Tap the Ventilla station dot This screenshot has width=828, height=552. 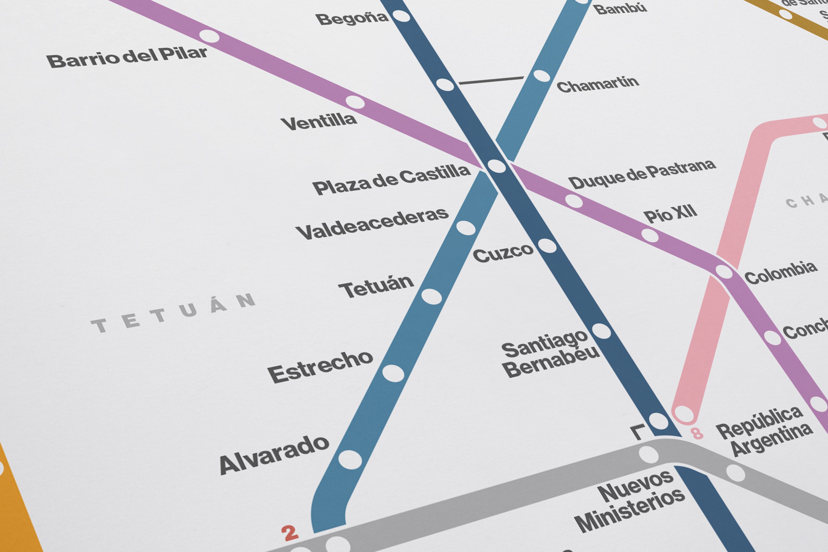pyautogui.click(x=355, y=102)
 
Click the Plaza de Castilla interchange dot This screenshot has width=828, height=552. pyautogui.click(x=496, y=166)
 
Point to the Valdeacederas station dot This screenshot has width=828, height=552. pyautogui.click(x=466, y=228)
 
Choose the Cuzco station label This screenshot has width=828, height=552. pyautogui.click(x=503, y=253)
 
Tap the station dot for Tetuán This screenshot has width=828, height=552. pyautogui.click(x=431, y=296)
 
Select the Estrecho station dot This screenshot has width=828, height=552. pyautogui.click(x=393, y=373)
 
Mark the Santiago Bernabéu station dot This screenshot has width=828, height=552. pyautogui.click(x=601, y=331)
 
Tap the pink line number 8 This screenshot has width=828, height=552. pyautogui.click(x=697, y=433)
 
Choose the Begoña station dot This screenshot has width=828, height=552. pyautogui.click(x=401, y=16)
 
